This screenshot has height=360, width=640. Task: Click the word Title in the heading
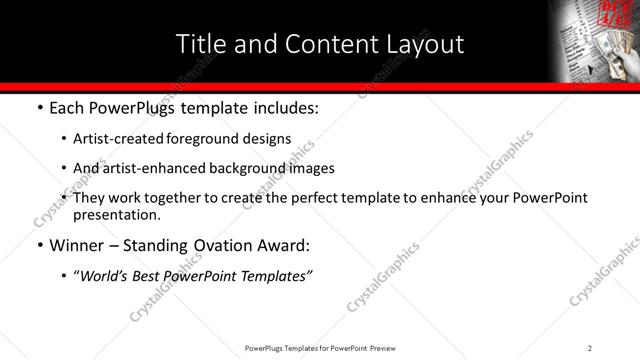200,44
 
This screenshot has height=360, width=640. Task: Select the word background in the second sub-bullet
231,168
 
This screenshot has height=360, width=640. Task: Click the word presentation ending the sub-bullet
115,214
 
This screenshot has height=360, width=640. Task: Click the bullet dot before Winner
39,246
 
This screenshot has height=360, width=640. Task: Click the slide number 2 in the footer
590,348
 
